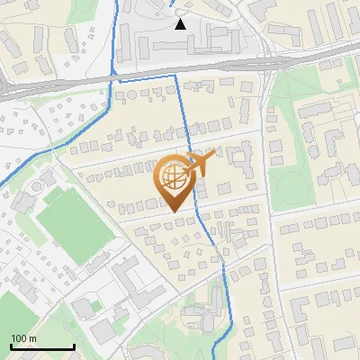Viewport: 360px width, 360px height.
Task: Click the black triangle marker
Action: [x=180, y=24]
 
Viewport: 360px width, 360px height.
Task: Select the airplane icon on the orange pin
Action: [x=199, y=163]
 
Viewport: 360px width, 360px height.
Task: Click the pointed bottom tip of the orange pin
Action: [x=174, y=211]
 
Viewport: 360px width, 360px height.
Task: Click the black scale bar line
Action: [x=41, y=347]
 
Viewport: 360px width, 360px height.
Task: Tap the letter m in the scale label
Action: [x=32, y=338]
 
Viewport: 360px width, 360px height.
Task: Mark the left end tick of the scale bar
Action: [x=10, y=346]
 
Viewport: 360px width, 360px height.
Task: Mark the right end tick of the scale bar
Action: [x=74, y=346]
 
